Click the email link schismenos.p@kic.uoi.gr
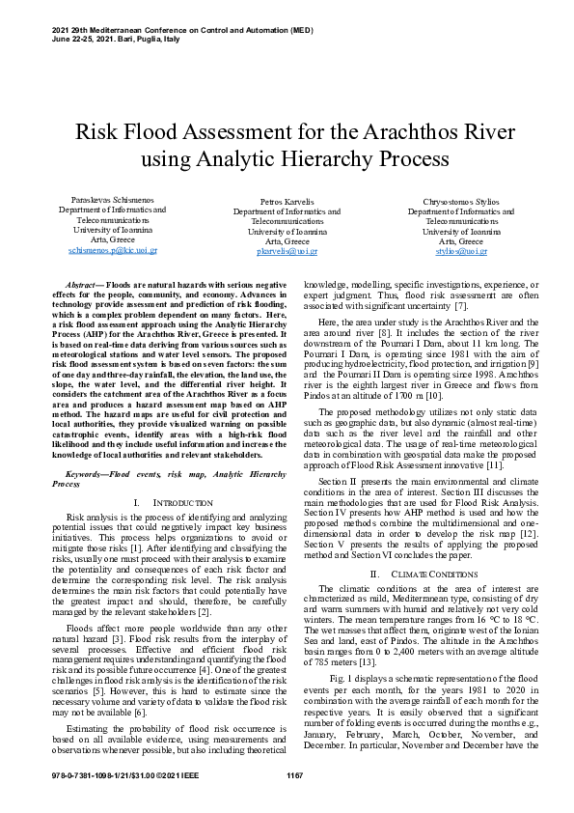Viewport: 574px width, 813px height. (112, 250)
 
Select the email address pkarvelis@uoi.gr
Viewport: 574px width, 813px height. (287, 251)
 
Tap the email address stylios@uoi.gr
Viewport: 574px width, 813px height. (461, 251)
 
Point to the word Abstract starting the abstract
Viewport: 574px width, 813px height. (81, 287)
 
